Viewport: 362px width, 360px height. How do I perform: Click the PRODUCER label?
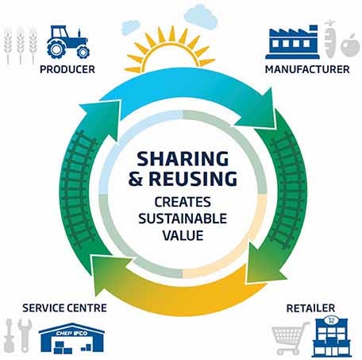[x=67, y=69]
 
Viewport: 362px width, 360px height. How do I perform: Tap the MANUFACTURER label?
[x=307, y=69]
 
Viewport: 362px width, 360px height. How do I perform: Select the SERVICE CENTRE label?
[x=64, y=308]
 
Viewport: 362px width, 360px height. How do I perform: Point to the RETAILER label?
[x=310, y=308]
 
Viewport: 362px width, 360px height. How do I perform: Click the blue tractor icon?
[x=68, y=42]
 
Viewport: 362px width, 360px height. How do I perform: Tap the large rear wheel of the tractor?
[x=56, y=49]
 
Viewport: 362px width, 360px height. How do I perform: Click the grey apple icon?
[x=349, y=45]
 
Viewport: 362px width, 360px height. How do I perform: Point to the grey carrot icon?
[x=330, y=39]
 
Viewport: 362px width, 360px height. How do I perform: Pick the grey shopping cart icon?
[x=291, y=338]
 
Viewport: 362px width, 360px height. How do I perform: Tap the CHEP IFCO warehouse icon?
[x=71, y=339]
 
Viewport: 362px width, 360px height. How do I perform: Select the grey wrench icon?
[x=25, y=335]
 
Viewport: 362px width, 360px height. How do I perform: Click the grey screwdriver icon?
[x=10, y=335]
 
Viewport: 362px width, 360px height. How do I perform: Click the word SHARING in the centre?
[x=183, y=159]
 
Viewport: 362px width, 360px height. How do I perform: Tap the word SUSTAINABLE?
[x=183, y=219]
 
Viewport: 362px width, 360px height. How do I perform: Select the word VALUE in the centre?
[x=183, y=235]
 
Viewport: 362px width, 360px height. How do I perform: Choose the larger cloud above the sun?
[x=201, y=17]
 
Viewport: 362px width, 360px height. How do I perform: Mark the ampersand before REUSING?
[x=136, y=179]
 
